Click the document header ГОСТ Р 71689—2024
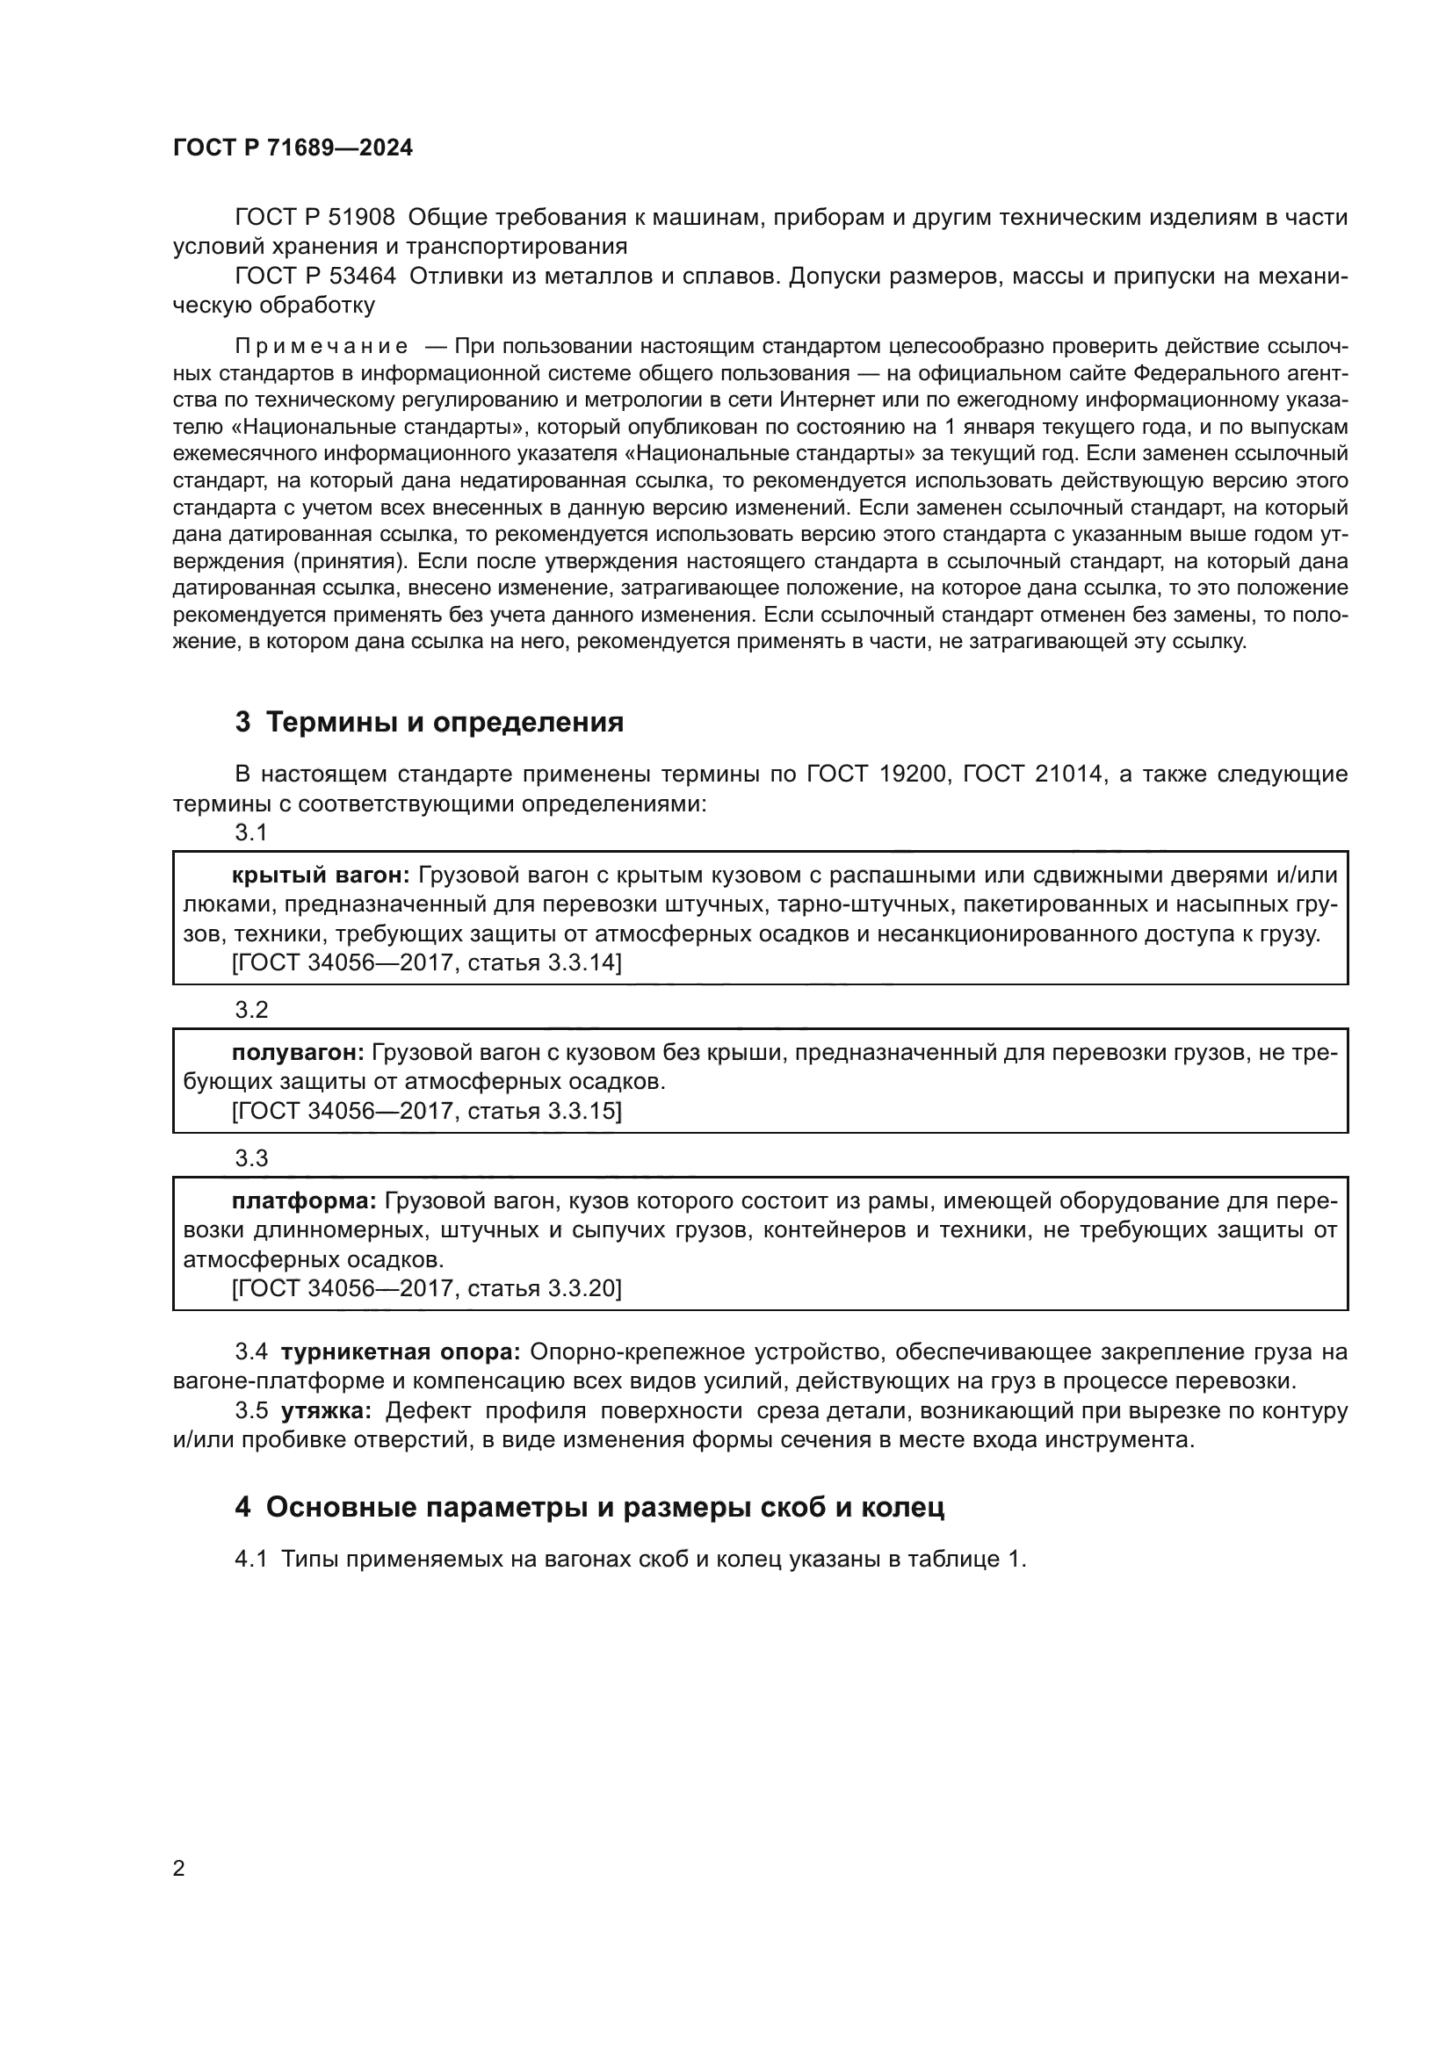pyautogui.click(x=293, y=148)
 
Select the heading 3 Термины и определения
pyautogui.click(x=429, y=722)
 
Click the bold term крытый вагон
pyautogui.click(x=320, y=875)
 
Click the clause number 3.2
pyautogui.click(x=251, y=1010)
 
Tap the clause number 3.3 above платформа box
pyautogui.click(x=251, y=1158)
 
